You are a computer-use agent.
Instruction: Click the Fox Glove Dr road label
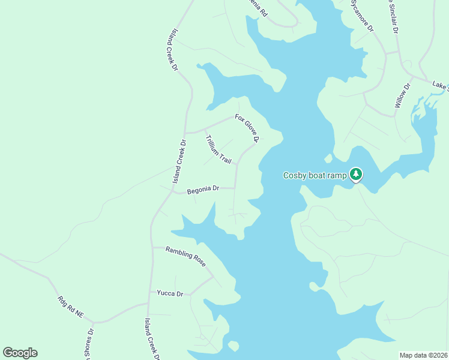[247, 128]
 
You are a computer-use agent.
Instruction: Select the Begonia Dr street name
[203, 190]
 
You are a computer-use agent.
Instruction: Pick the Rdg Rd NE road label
[71, 307]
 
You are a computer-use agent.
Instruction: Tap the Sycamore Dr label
[362, 16]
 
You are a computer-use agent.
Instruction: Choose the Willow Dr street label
[402, 96]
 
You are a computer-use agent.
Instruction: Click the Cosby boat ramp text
[315, 175]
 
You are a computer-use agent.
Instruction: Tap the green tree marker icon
[356, 174]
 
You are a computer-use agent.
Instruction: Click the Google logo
[20, 353]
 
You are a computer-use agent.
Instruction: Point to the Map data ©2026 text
[423, 355]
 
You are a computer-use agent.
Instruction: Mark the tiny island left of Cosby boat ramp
[328, 159]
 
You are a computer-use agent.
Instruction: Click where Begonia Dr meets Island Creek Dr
[173, 193]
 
